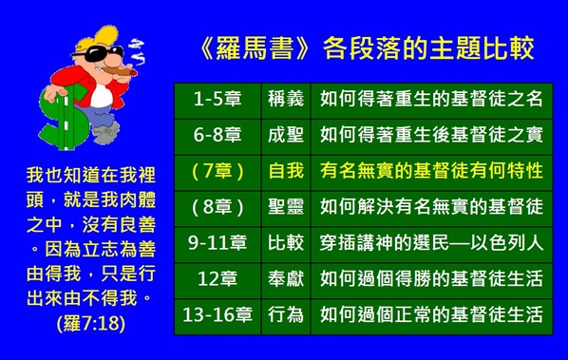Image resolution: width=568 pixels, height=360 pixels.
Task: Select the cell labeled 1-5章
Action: coord(218,99)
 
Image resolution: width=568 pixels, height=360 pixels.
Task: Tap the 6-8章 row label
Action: coord(218,135)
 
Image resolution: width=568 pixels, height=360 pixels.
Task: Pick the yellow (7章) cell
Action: coord(218,171)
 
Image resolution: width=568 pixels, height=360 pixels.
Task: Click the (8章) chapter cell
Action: coord(218,207)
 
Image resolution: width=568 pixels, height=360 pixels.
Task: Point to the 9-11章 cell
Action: coord(218,243)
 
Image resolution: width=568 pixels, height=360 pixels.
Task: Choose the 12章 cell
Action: coord(218,279)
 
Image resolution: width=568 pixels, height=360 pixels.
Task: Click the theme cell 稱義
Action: coord(286,99)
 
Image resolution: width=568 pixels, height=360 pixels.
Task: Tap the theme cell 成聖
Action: coord(286,135)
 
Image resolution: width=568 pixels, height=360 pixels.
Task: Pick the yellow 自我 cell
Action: coord(286,171)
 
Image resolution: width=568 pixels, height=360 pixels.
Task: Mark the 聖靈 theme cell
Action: coord(286,207)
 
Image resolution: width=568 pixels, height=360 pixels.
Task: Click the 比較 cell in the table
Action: coord(286,243)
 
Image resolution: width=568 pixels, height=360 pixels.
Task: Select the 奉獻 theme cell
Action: coord(286,279)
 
